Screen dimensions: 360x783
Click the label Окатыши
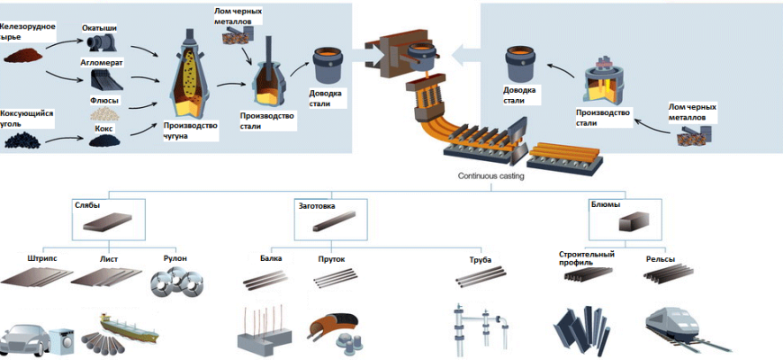(x=99, y=28)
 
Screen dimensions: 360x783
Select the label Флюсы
(x=104, y=100)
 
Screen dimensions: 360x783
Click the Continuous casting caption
(x=490, y=176)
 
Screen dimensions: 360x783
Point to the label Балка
(x=271, y=259)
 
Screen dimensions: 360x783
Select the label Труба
(x=480, y=260)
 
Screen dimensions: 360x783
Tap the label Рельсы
(x=661, y=260)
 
